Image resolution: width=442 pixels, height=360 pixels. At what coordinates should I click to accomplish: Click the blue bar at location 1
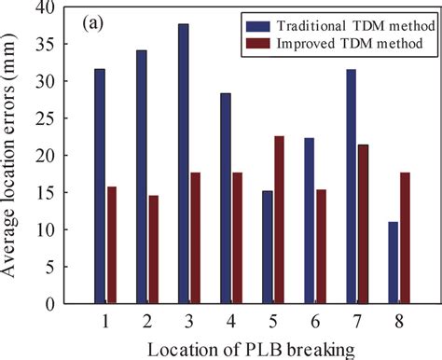[99, 187]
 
